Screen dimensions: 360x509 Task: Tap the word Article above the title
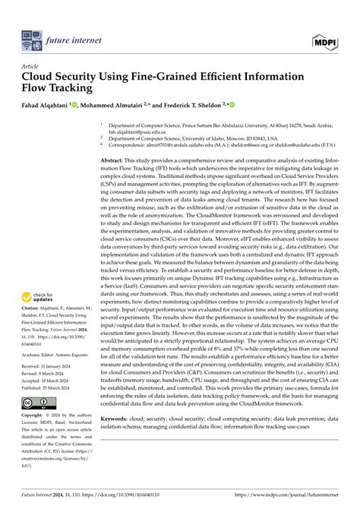(x=30, y=66)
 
